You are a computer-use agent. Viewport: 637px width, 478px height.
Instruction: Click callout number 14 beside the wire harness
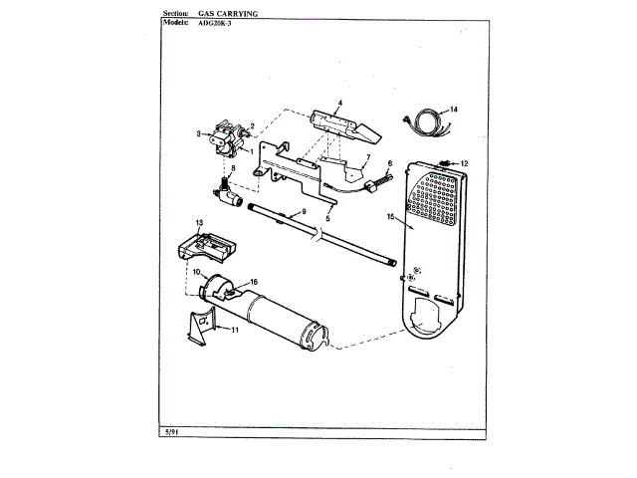pyautogui.click(x=454, y=109)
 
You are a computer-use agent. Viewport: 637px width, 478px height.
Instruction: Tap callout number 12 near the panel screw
pyautogui.click(x=463, y=162)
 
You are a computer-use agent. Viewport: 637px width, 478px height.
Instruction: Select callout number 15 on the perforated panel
pyautogui.click(x=391, y=215)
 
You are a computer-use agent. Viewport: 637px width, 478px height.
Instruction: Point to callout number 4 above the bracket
pyautogui.click(x=339, y=103)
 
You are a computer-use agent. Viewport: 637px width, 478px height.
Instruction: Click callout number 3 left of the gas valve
pyautogui.click(x=198, y=133)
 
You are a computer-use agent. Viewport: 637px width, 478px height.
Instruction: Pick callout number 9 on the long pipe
pyautogui.click(x=303, y=211)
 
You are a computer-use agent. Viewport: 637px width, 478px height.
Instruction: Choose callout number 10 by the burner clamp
pyautogui.click(x=196, y=272)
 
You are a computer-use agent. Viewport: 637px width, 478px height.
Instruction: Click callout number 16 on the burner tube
pyautogui.click(x=254, y=282)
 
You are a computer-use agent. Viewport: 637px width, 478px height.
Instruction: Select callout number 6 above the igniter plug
pyautogui.click(x=390, y=162)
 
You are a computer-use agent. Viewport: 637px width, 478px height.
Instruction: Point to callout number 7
pyautogui.click(x=365, y=157)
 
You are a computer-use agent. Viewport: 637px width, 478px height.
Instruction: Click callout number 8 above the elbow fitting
pyautogui.click(x=234, y=168)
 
